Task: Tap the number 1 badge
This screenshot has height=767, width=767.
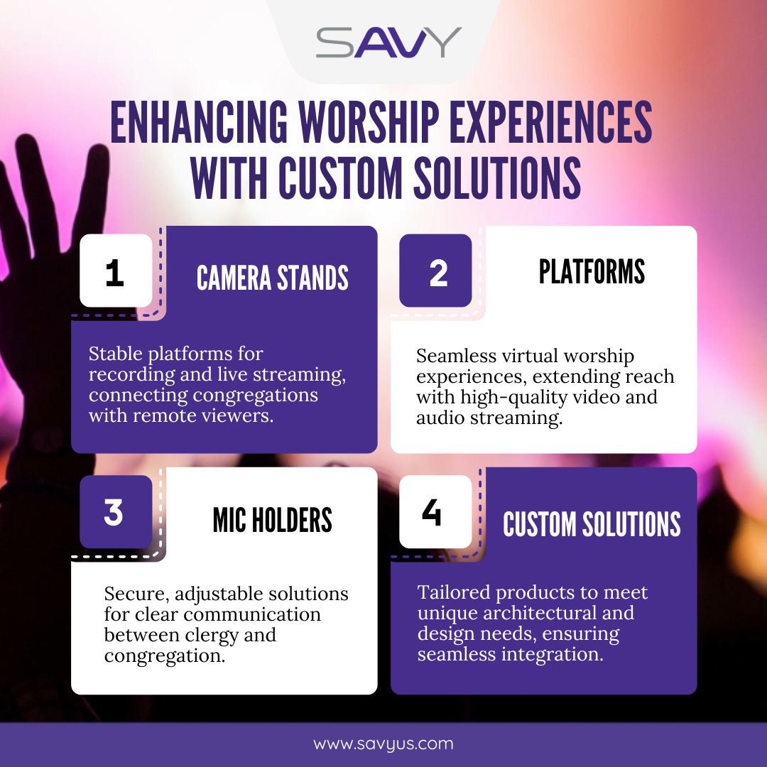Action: [x=115, y=274]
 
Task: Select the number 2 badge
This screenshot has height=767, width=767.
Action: [x=438, y=274]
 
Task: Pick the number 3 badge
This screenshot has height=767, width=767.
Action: [x=114, y=512]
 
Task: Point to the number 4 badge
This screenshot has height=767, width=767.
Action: [x=431, y=512]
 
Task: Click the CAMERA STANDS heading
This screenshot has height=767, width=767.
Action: [x=273, y=278]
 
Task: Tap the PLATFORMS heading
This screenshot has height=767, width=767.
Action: [x=592, y=272]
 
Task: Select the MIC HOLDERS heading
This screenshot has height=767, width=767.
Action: [x=273, y=521]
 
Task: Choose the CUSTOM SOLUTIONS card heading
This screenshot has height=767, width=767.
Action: [x=592, y=524]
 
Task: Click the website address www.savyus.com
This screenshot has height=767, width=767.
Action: [x=383, y=744]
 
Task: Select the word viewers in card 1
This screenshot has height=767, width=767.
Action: [x=239, y=416]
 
